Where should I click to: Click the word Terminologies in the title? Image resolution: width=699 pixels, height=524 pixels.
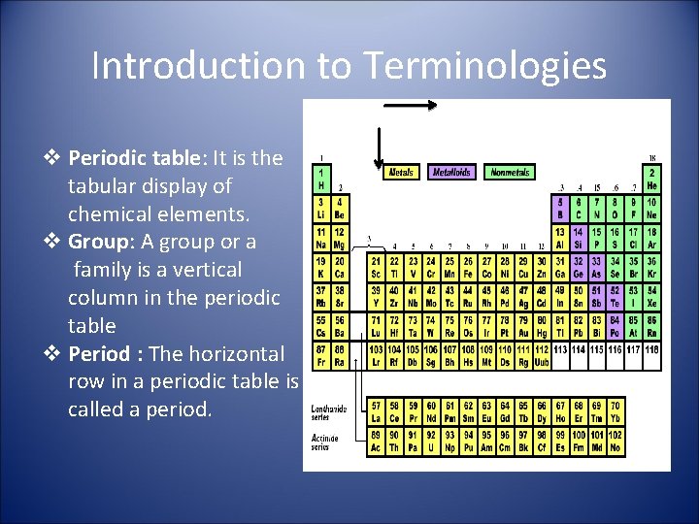coord(485,66)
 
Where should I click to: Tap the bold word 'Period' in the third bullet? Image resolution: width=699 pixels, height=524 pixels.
coord(103,354)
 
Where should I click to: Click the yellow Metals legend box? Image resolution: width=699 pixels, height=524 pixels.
coord(402,173)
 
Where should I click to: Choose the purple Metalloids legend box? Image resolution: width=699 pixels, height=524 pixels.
coord(451,173)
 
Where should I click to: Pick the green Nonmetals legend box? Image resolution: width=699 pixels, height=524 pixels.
coord(510,173)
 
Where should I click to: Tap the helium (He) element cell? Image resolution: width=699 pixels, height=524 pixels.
coord(651,180)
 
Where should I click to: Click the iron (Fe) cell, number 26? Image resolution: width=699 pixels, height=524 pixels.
coord(470,268)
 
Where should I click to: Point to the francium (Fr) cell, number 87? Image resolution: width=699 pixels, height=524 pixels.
coord(321,355)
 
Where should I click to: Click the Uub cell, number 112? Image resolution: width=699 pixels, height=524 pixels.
coord(542,355)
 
